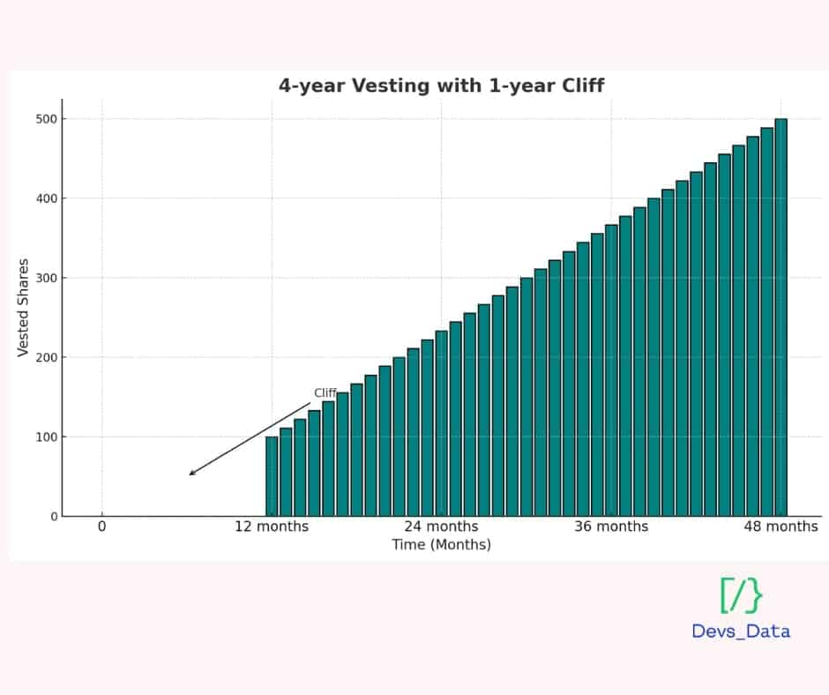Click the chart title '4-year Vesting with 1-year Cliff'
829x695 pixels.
click(x=441, y=86)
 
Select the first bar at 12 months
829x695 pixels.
click(x=272, y=476)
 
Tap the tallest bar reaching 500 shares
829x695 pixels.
click(x=780, y=318)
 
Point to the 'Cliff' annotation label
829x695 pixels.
click(x=325, y=393)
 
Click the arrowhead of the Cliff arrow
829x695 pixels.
click(x=191, y=474)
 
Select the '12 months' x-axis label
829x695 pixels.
click(x=272, y=527)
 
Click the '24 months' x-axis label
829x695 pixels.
click(x=441, y=527)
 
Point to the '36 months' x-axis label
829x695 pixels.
click(x=611, y=527)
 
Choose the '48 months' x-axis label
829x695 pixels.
click(x=780, y=527)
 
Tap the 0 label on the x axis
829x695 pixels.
click(x=101, y=527)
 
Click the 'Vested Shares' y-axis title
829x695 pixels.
click(x=24, y=308)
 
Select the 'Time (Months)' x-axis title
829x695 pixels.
click(x=441, y=545)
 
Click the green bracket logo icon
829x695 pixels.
click(x=741, y=595)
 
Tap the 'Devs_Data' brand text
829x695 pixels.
click(x=741, y=631)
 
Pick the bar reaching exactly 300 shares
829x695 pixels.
click(x=527, y=397)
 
